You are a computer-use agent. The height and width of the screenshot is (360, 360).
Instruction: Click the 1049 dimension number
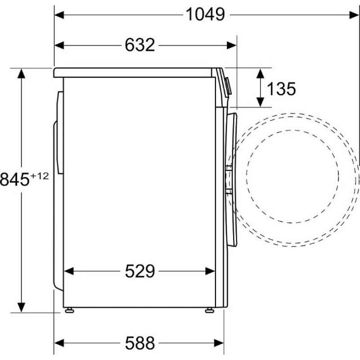pyautogui.click(x=205, y=14)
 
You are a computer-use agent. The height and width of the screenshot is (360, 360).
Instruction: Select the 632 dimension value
pyautogui.click(x=140, y=45)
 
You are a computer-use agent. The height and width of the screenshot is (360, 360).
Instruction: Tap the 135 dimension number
pyautogui.click(x=282, y=89)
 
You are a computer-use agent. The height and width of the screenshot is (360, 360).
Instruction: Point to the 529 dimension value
pyautogui.click(x=140, y=271)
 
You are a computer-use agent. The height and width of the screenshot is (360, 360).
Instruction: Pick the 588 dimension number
pyautogui.click(x=140, y=343)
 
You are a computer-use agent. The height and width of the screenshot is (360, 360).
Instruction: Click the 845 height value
pyautogui.click(x=15, y=180)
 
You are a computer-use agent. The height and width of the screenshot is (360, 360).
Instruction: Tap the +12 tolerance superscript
pyautogui.click(x=40, y=176)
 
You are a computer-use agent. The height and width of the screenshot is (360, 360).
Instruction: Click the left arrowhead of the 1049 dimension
pyautogui.click(x=59, y=15)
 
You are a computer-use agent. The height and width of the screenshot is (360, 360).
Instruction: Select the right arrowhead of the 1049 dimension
pyautogui.click(x=354, y=15)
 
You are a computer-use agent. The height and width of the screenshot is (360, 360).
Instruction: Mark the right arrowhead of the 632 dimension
pyautogui.click(x=231, y=45)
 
